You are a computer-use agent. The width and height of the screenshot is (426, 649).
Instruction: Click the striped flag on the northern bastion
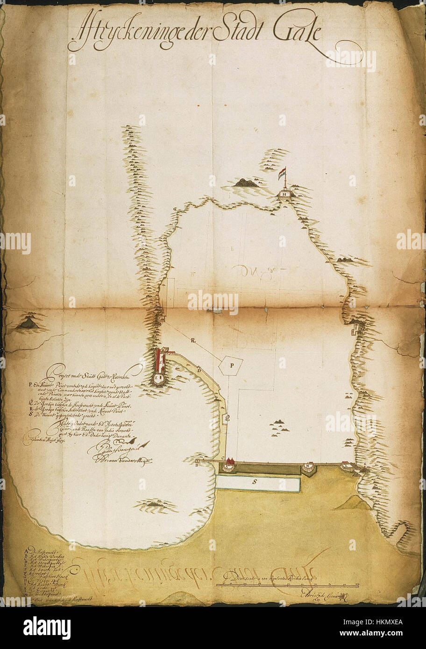282,174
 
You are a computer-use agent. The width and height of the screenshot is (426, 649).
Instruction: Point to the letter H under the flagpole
284,192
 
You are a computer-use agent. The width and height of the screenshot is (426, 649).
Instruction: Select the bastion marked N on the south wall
308,466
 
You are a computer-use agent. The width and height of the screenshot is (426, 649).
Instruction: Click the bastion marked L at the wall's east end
346,465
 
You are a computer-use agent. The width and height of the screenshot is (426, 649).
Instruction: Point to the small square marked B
198,462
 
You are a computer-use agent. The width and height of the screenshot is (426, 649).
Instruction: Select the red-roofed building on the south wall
230,464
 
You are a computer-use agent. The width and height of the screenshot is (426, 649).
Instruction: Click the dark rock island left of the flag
246,183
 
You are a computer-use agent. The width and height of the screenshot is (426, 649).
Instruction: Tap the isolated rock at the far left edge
28,323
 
